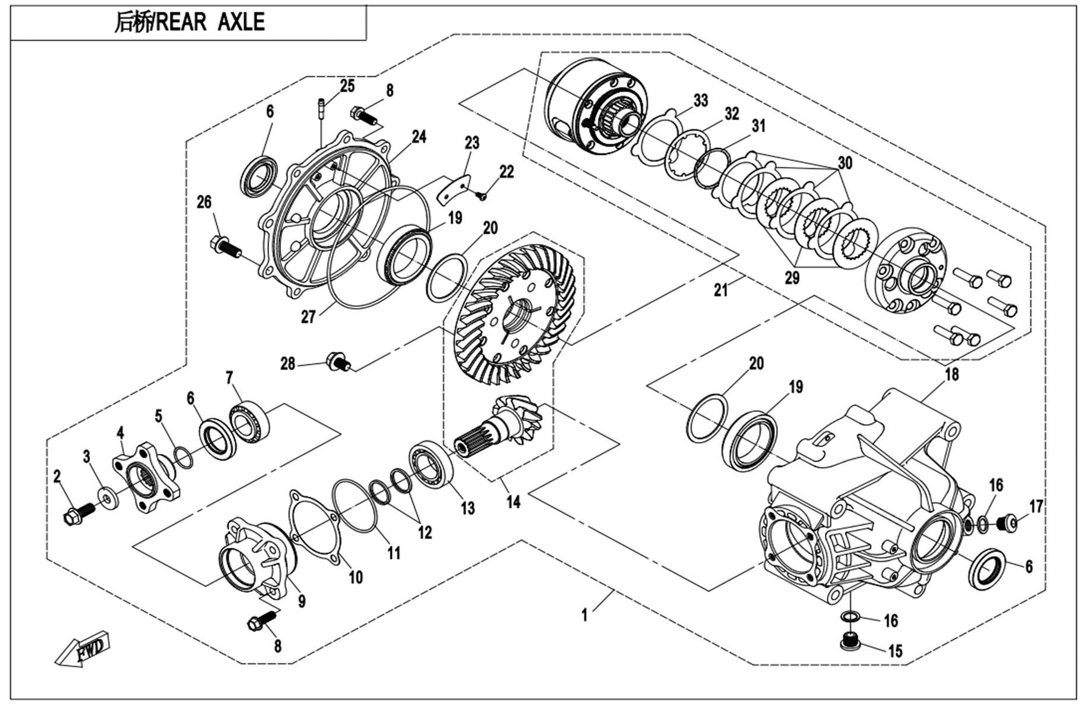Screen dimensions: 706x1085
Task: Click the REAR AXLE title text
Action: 189,22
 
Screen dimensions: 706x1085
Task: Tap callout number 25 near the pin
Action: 347,86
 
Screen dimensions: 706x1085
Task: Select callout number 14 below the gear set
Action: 513,502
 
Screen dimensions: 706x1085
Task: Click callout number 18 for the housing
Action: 952,374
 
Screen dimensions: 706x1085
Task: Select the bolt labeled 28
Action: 339,361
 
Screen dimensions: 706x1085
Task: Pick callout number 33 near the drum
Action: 701,100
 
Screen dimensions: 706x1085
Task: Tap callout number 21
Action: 720,290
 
